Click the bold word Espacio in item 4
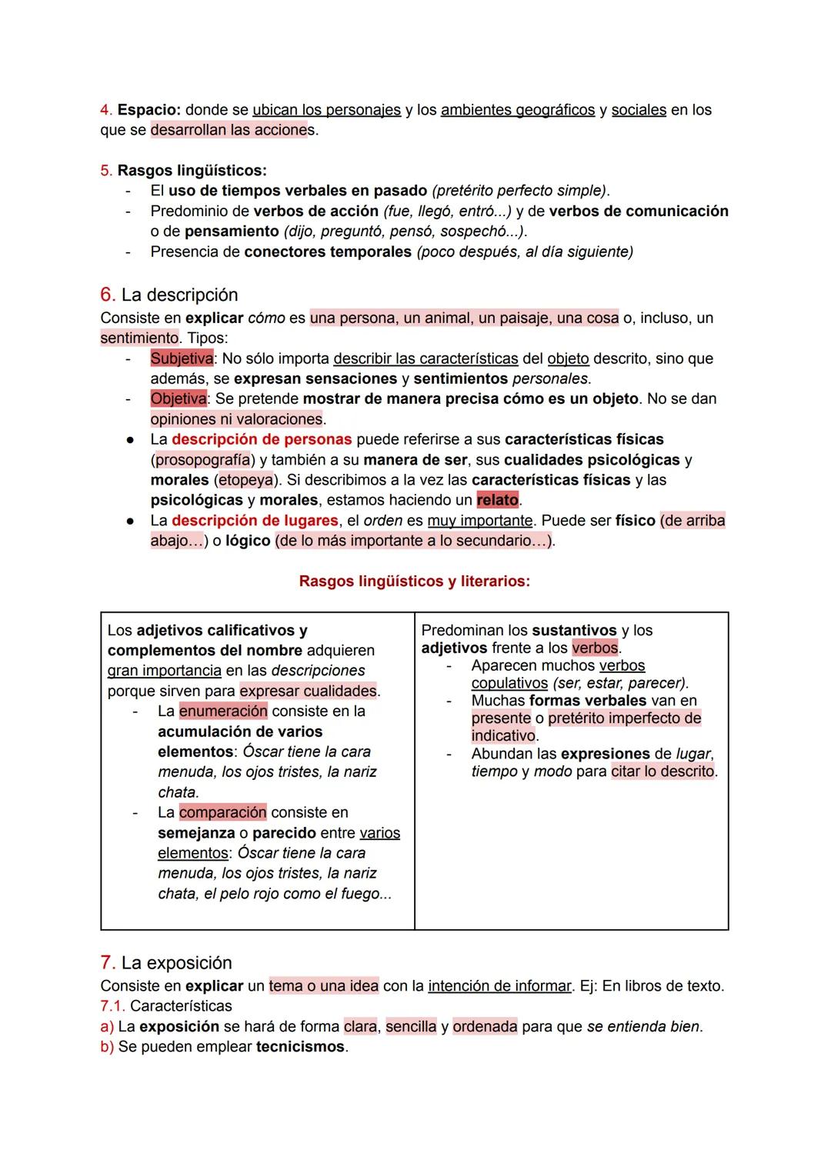(x=149, y=110)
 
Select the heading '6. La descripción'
(x=169, y=295)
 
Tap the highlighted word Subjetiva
(x=182, y=358)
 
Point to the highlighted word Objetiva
(x=179, y=398)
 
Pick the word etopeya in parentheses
(x=245, y=480)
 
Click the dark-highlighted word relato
(x=497, y=500)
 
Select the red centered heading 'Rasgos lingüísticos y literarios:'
(x=414, y=582)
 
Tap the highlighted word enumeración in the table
(x=223, y=711)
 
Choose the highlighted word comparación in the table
(x=222, y=812)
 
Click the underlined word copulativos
(x=509, y=683)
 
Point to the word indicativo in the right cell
(x=504, y=735)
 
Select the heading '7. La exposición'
(x=166, y=963)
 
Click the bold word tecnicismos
(x=300, y=1047)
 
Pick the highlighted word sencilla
(x=411, y=1027)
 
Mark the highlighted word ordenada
(x=485, y=1027)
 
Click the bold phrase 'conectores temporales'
(x=328, y=252)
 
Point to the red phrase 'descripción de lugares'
(x=255, y=521)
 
